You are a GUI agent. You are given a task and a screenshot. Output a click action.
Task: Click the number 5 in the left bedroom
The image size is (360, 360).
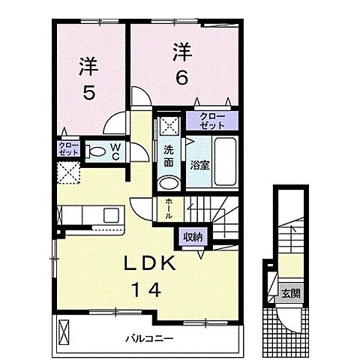tap(88, 96)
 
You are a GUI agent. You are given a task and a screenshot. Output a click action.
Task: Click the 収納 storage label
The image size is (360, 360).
tap(192, 237)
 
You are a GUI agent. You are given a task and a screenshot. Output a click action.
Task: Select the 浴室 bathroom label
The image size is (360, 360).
tap(199, 163)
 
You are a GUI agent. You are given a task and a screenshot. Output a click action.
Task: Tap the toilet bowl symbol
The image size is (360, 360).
tap(95, 151)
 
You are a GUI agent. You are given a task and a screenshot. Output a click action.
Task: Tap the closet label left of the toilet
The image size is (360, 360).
tap(67, 148)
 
